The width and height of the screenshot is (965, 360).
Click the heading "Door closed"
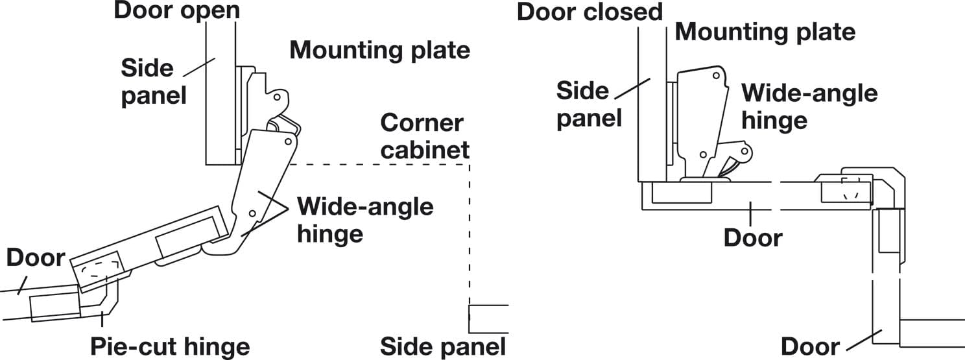pos(590,12)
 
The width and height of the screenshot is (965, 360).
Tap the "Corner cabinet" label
pos(425,136)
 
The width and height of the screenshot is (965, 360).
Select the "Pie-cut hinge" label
pos(170,346)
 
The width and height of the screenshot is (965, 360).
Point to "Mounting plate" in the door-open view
pos(379,50)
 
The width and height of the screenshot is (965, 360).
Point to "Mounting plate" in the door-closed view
pos(765,31)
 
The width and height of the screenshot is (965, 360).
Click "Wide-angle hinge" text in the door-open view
pos(365,220)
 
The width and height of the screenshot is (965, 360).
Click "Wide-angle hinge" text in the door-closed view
pos(809,106)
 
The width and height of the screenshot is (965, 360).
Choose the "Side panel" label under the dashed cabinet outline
pos(442,346)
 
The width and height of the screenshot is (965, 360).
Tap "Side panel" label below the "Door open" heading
pos(154,82)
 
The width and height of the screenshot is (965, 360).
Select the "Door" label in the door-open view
pos(36,258)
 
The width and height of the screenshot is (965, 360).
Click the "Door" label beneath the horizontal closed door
pos(753,237)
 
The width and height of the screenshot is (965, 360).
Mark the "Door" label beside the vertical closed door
pos(810,346)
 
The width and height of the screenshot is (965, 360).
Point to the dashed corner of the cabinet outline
pos(469,165)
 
